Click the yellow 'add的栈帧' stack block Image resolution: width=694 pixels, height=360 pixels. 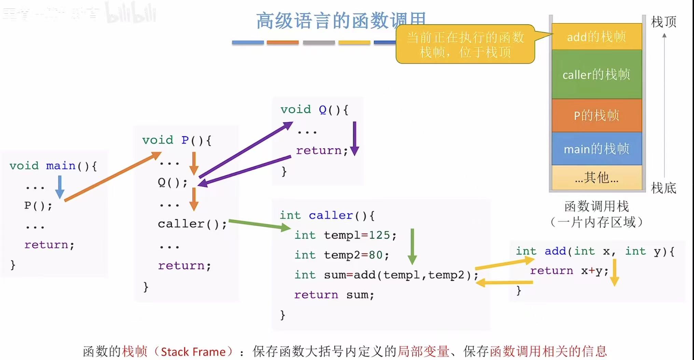[597, 37]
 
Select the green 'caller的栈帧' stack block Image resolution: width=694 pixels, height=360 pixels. [597, 74]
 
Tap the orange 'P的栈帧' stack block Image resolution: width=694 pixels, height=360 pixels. [597, 115]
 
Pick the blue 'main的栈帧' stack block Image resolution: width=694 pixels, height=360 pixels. [597, 149]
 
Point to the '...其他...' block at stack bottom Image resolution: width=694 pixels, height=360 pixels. [597, 178]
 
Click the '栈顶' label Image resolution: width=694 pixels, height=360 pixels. [663, 22]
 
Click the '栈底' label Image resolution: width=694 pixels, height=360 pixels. [663, 188]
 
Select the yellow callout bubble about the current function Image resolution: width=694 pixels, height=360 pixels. [465, 44]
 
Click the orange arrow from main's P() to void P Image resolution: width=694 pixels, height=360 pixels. [113, 176]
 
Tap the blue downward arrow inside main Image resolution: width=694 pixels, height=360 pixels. [60, 186]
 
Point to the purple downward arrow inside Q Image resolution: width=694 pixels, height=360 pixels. [355, 138]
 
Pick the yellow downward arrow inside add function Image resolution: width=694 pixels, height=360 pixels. [614, 272]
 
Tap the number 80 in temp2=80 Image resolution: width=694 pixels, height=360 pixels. [375, 255]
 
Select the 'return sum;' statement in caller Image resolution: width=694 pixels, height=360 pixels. [334, 295]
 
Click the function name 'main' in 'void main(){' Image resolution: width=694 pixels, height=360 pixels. [60, 166]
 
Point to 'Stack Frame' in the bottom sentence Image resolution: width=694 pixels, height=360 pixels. [193, 351]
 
